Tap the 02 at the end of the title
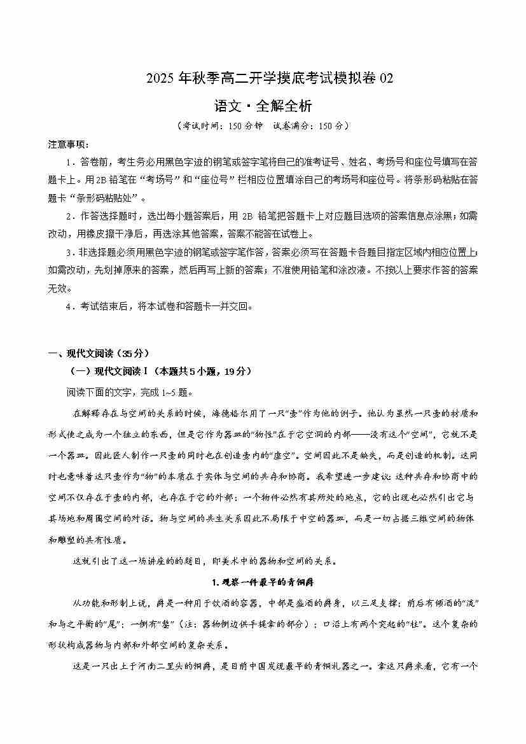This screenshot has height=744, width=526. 387,79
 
